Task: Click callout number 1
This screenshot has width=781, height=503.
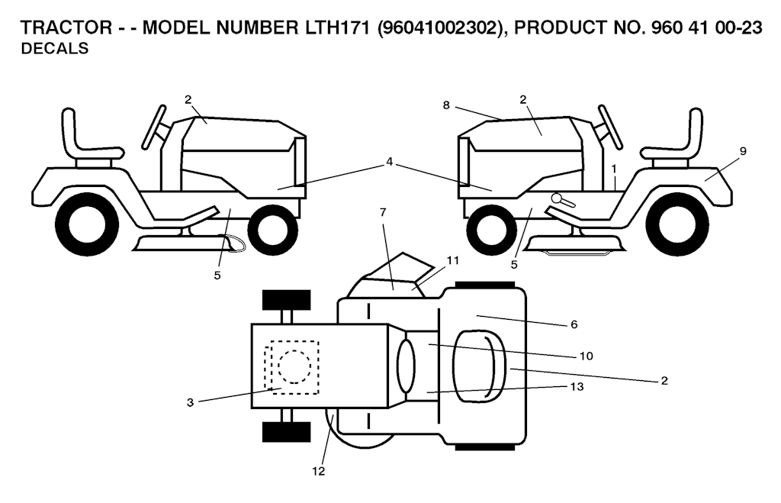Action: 614,166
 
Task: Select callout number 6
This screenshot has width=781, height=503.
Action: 574,324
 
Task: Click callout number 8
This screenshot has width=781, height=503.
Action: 446,105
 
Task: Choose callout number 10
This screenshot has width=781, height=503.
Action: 585,355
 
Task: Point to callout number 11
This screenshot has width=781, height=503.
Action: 453,260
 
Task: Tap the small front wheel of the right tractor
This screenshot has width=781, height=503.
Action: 492,229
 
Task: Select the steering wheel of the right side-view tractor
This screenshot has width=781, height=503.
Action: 611,126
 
